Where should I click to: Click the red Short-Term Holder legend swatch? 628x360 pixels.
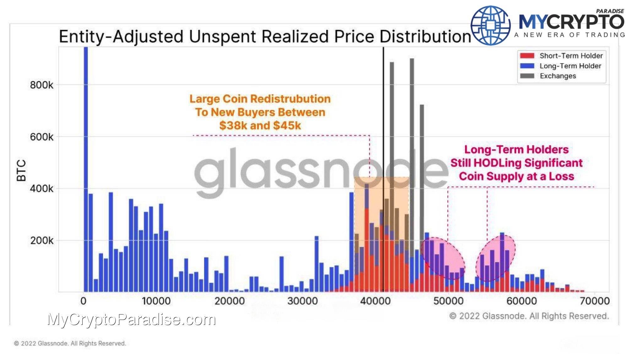[527, 56]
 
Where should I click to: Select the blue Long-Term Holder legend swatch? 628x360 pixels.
[527, 66]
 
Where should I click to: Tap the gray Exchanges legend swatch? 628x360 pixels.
[527, 76]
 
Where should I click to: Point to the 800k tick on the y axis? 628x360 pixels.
[41, 85]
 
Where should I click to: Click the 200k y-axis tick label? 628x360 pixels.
[41, 241]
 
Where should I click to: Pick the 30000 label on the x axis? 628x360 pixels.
[302, 301]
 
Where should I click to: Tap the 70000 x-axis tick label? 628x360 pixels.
[594, 301]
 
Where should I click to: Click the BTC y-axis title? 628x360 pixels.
[21, 171]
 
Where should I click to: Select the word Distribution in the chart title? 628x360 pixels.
[425, 36]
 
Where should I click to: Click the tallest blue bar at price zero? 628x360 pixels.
[85, 157]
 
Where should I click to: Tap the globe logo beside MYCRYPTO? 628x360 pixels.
[490, 25]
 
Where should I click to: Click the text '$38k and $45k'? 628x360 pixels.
[260, 126]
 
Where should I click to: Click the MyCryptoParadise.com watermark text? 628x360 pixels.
[132, 319]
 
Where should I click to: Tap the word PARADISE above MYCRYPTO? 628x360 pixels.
[610, 11]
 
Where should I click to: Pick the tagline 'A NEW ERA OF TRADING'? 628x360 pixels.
[569, 35]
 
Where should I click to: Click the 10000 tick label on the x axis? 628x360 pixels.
[156, 301]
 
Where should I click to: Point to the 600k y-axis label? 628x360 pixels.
[41, 137]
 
